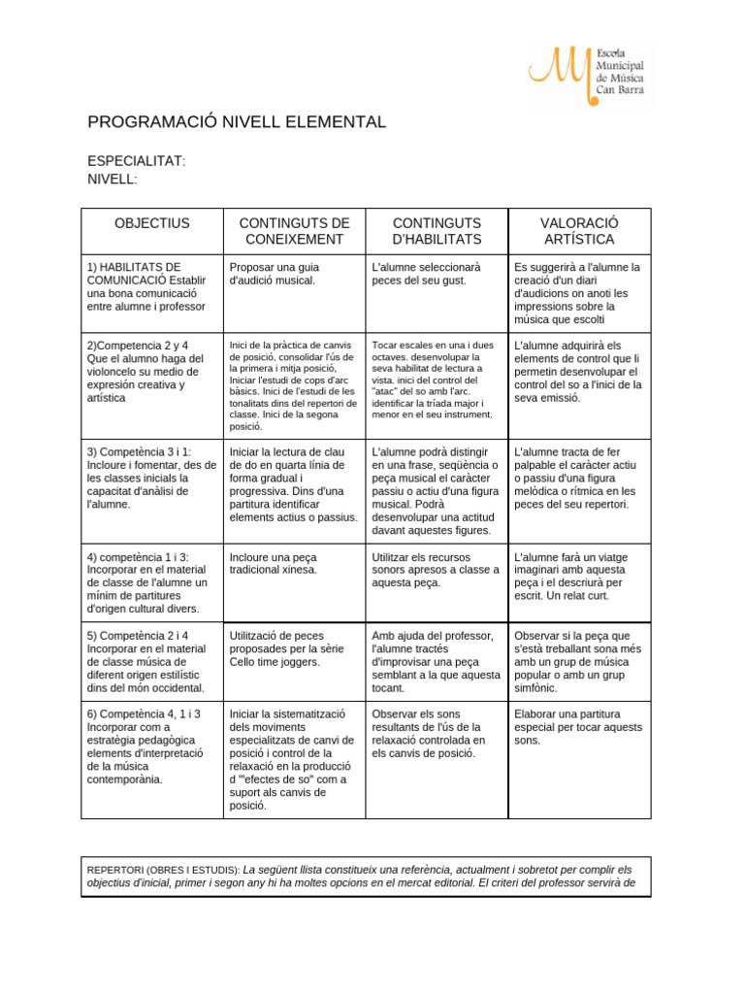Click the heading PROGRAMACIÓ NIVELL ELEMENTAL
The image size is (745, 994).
tap(237, 122)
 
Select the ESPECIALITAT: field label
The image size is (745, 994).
tap(136, 160)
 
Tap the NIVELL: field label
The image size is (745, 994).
tap(113, 179)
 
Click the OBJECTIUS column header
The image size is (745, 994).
tap(151, 223)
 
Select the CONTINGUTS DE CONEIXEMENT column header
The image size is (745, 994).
tap(294, 231)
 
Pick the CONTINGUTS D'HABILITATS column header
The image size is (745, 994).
tap(437, 231)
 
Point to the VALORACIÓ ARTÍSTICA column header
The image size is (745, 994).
tap(579, 231)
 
